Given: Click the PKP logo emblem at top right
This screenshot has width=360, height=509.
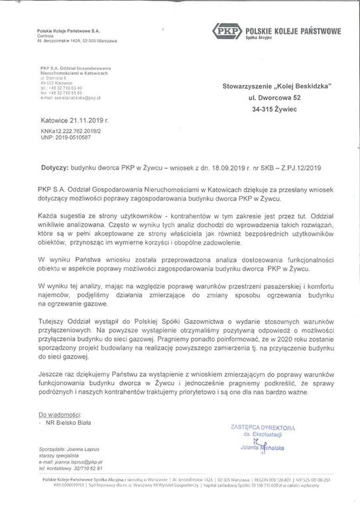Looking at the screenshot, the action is pyautogui.click(x=226, y=31).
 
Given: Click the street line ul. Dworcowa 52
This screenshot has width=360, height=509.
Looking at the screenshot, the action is pyautogui.click(x=269, y=99).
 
